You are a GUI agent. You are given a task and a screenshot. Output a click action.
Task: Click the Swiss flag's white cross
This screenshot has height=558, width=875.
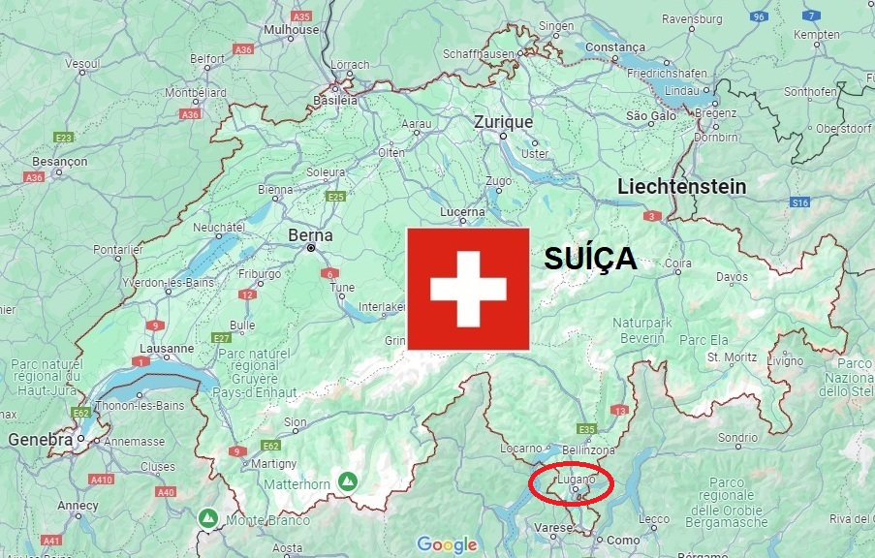coord(468,289)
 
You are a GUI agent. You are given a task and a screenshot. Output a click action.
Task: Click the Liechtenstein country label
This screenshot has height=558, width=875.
coord(681,186)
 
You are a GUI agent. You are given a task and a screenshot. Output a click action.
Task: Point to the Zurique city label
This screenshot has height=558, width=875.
coord(504,122)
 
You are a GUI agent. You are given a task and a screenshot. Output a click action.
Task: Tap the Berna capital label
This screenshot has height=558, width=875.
coord(310,235)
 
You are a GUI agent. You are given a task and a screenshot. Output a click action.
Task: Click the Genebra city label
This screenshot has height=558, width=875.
coord(41,439)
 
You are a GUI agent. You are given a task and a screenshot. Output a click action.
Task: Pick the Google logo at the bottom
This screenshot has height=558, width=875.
coord(447,544)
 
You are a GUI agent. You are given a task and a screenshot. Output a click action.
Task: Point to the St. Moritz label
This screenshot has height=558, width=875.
coord(731,357)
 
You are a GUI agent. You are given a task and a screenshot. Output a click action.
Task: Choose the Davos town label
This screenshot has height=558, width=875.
coord(732,276)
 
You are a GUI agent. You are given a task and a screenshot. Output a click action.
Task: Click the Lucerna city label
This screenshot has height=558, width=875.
coord(461,212)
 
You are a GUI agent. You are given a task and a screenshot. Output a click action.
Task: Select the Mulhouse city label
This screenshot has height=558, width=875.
coord(291,29)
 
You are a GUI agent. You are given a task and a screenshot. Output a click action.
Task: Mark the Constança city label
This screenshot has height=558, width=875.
coord(615,46)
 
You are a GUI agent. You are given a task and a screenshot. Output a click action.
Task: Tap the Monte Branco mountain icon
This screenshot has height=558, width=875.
coord(207,518)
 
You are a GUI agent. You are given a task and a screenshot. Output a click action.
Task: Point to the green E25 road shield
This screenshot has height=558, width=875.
coord(336,197)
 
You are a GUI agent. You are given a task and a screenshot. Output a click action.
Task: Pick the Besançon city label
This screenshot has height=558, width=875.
coord(59,161)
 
